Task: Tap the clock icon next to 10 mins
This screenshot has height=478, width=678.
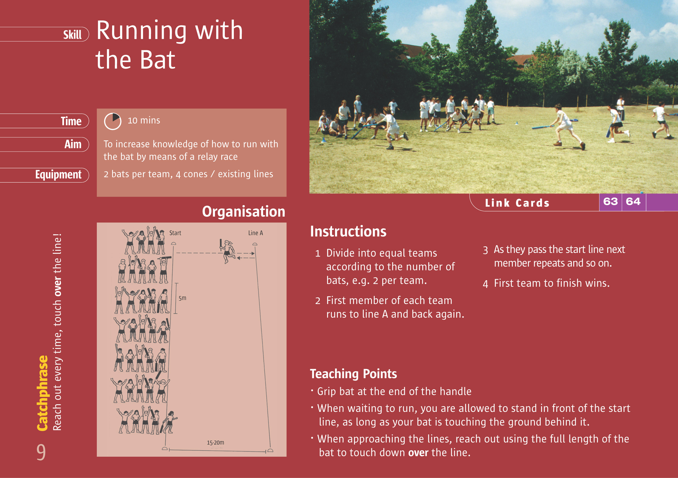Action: point(112,121)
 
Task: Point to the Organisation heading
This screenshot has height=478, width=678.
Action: point(243,211)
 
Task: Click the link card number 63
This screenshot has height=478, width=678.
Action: point(610,202)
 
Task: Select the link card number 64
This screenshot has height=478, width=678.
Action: point(633,202)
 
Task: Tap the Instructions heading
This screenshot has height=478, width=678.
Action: point(348,231)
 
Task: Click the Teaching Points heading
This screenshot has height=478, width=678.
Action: point(353,374)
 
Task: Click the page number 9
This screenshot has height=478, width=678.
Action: point(41,452)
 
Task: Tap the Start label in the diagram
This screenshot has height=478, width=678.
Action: point(175,233)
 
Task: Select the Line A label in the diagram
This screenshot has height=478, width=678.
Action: point(255,233)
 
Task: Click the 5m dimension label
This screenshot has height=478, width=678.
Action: point(182,298)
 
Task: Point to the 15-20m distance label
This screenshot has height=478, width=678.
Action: point(215,442)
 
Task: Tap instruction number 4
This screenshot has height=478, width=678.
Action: point(485,284)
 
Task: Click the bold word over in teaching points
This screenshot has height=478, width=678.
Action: point(418,452)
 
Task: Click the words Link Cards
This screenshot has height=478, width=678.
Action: point(517,203)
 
